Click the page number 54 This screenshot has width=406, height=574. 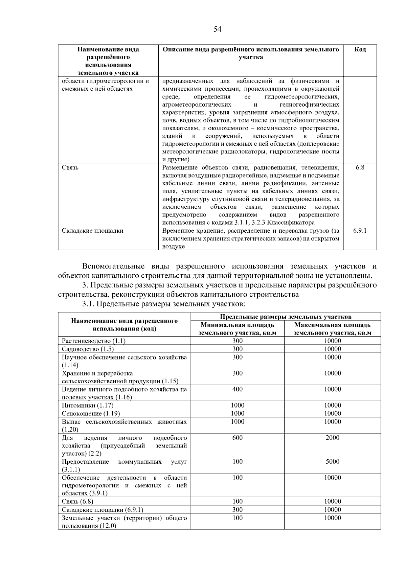tap(217, 29)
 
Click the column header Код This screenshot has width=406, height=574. tap(360, 49)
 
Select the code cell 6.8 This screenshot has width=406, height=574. tap(360, 167)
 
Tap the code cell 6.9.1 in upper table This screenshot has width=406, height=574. tap(360, 231)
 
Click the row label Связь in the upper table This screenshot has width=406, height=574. tap(70, 167)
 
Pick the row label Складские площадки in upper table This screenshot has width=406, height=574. tap(92, 231)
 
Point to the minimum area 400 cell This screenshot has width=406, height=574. tap(237, 389)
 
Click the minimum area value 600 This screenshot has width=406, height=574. tap(237, 438)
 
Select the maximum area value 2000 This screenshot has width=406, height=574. tap(332, 438)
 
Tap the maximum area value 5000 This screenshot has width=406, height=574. tap(332, 462)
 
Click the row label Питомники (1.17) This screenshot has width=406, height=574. tap(88, 405)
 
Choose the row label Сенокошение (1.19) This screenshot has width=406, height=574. tap(91, 413)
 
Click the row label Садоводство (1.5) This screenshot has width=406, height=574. tap(88, 349)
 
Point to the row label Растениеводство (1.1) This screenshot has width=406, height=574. tap(93, 341)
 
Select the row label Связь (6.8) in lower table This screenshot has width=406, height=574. tap(77, 501)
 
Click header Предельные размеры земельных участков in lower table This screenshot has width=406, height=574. tap(286, 317)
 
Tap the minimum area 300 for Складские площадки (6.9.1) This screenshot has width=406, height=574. tap(237, 509)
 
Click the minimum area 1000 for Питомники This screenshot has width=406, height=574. tap(237, 405)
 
